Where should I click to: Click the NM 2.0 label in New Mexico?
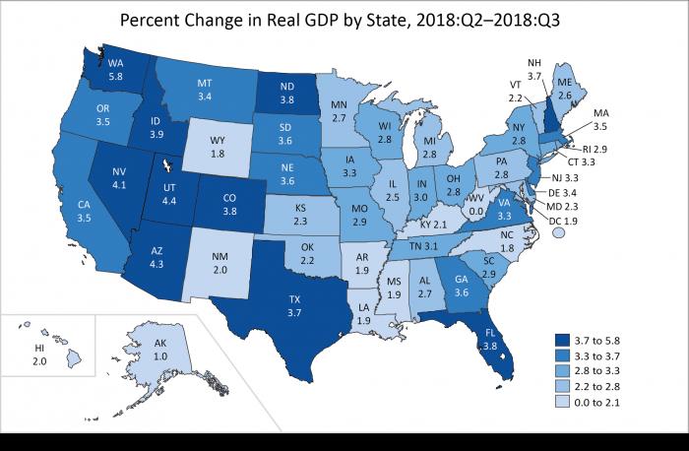pyautogui.click(x=221, y=262)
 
